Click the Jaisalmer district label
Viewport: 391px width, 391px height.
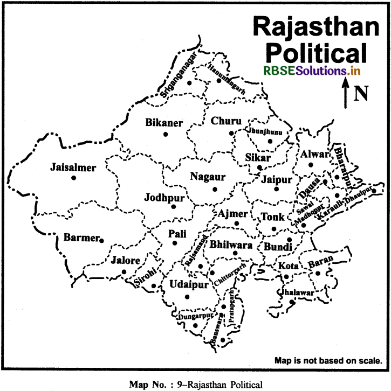(x=73, y=167)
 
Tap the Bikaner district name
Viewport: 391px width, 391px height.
(x=164, y=123)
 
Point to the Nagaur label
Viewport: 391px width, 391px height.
(x=207, y=176)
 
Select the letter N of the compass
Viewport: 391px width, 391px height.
(x=360, y=94)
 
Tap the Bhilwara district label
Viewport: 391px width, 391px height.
(x=231, y=244)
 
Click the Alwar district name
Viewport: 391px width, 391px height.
(x=314, y=154)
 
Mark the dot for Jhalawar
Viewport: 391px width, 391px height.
(x=291, y=302)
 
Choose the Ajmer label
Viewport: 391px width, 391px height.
(x=233, y=213)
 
